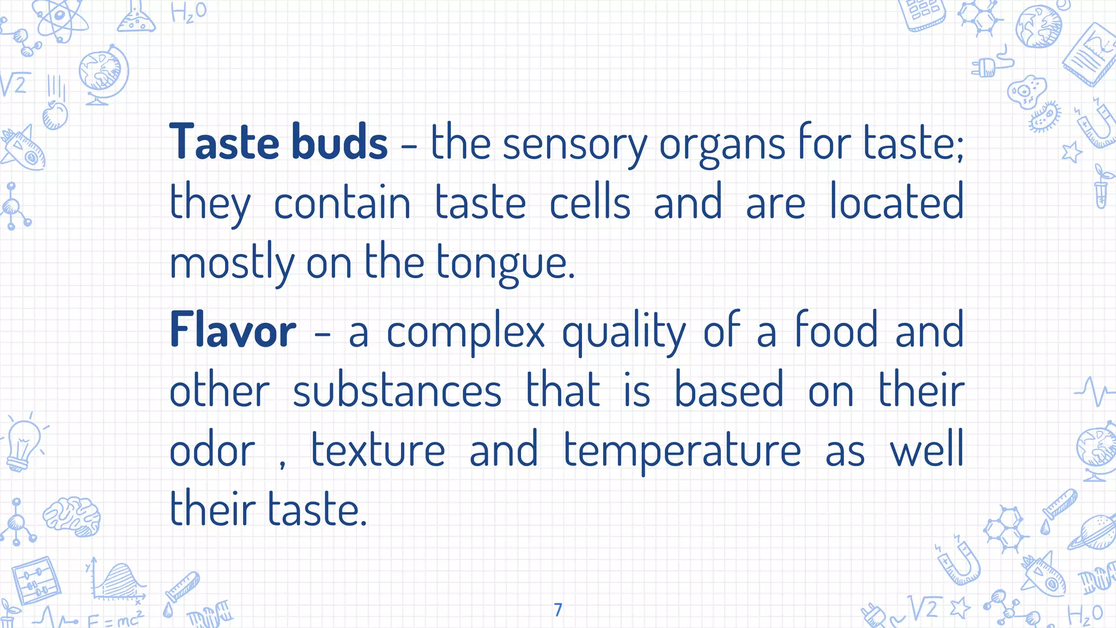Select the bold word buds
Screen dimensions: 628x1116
(339, 142)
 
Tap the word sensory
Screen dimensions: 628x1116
(574, 144)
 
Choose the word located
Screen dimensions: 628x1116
(896, 202)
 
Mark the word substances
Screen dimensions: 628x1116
(397, 390)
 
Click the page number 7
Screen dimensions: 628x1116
(557, 609)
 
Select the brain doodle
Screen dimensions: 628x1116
(72, 515)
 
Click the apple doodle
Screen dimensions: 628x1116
(55, 114)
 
